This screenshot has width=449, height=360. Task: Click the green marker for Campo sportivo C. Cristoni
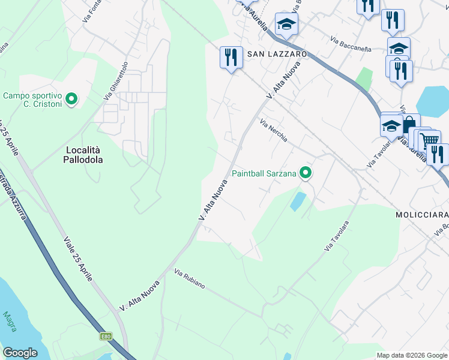coord(71,99)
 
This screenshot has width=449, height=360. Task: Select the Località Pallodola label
coord(83,154)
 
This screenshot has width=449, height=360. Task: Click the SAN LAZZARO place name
coord(277,54)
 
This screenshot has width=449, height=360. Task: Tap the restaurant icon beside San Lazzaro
coord(231,57)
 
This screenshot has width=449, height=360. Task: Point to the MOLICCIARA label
coord(421,214)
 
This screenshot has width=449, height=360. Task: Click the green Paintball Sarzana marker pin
coord(306,174)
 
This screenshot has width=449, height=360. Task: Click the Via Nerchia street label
coord(274,131)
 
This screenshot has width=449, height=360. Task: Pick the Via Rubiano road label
coord(190,280)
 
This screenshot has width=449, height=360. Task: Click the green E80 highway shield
coord(106,336)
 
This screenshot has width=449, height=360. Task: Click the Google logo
coord(20,353)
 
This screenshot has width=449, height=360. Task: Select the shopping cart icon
coord(429,141)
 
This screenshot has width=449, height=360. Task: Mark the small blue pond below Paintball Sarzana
coord(296,201)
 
